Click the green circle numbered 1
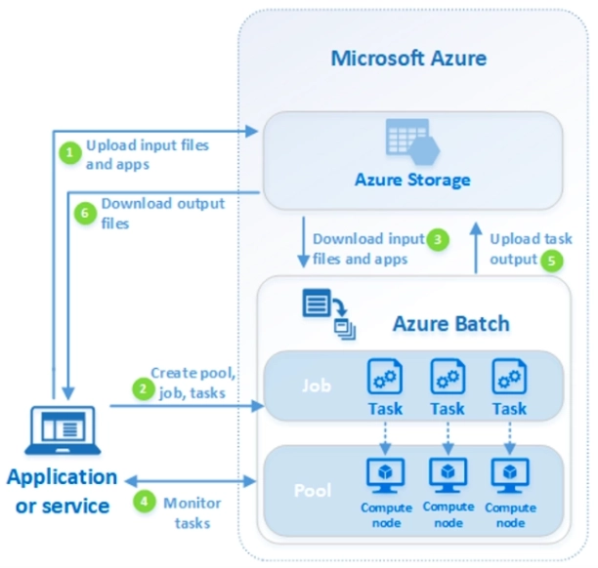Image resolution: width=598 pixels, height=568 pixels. click(x=69, y=153)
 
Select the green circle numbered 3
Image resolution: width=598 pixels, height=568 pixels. click(x=440, y=238)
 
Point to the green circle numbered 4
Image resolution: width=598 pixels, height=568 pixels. click(x=145, y=502)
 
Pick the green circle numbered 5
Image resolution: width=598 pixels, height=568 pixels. click(x=553, y=260)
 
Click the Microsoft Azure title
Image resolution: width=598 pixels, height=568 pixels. click(x=408, y=58)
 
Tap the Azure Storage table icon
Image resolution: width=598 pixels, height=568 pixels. click(x=411, y=142)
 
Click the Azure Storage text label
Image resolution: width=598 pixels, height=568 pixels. click(x=412, y=181)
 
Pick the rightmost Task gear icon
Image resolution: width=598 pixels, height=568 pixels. click(x=509, y=376)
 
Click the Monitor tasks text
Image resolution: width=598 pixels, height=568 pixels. click(x=192, y=511)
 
